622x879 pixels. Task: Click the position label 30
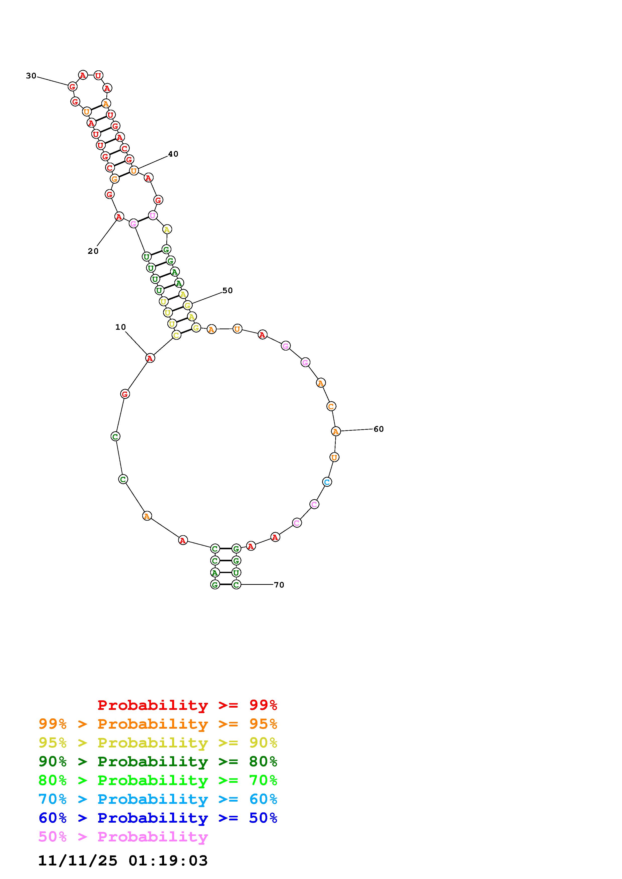pyautogui.click(x=31, y=76)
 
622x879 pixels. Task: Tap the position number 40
pyautogui.click(x=173, y=154)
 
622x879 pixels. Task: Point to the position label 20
pyautogui.click(x=93, y=251)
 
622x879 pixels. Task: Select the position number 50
pyautogui.click(x=228, y=291)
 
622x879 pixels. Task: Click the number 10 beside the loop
pyautogui.click(x=121, y=327)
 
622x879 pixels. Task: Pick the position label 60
pyautogui.click(x=379, y=429)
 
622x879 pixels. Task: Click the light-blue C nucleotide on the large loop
pyautogui.click(x=327, y=482)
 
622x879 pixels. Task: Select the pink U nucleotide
pyautogui.click(x=153, y=215)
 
